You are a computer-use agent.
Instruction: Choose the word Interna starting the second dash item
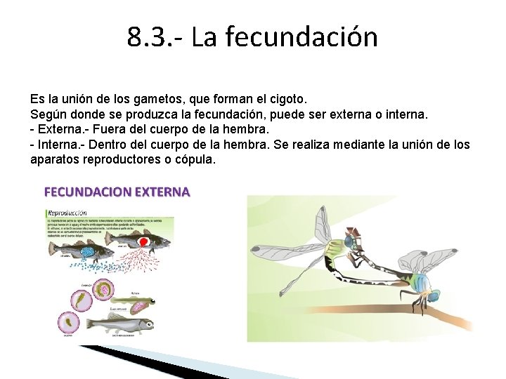click(x=59, y=145)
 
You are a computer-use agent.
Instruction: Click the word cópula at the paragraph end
click(x=196, y=159)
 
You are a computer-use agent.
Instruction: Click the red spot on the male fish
click(x=143, y=242)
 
